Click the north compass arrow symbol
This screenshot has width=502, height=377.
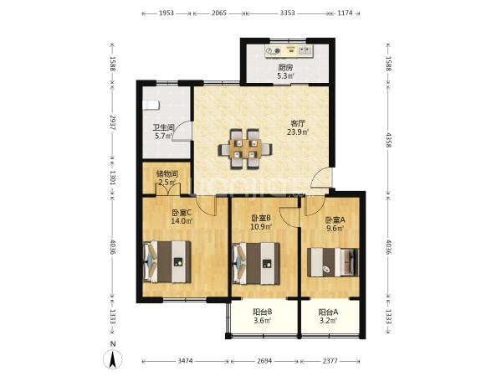(112, 359)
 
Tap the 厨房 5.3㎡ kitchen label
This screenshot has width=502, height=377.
(285, 72)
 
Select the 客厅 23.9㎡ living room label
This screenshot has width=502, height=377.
(297, 127)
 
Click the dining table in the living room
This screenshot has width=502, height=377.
(245, 149)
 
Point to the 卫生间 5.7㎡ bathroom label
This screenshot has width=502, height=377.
(164, 132)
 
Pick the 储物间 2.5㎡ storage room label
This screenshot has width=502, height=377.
(167, 178)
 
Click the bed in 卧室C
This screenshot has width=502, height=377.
(166, 262)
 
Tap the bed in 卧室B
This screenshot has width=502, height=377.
(256, 264)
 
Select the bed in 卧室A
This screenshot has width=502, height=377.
(332, 262)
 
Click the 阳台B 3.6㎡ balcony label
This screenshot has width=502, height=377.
(263, 316)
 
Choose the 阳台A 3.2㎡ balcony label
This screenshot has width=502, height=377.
(328, 316)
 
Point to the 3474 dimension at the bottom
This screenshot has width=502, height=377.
(186, 361)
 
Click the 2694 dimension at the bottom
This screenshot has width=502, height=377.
(264, 361)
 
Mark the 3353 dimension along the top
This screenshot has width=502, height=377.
(288, 13)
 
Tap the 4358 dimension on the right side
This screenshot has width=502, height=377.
(389, 140)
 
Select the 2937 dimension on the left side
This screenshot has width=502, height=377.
(113, 122)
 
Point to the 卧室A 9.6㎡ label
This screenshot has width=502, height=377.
(335, 224)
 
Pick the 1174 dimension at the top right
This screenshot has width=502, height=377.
(345, 13)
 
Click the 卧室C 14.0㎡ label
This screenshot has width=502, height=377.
(182, 216)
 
